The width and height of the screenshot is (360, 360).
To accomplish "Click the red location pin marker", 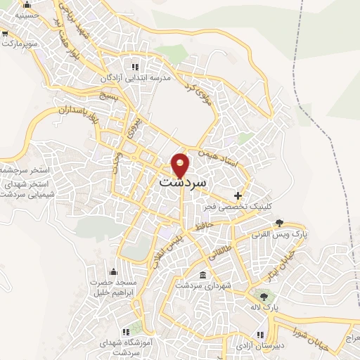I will pyautogui.click(x=181, y=165).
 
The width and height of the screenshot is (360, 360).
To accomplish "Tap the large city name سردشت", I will pyautogui.click(x=181, y=181).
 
